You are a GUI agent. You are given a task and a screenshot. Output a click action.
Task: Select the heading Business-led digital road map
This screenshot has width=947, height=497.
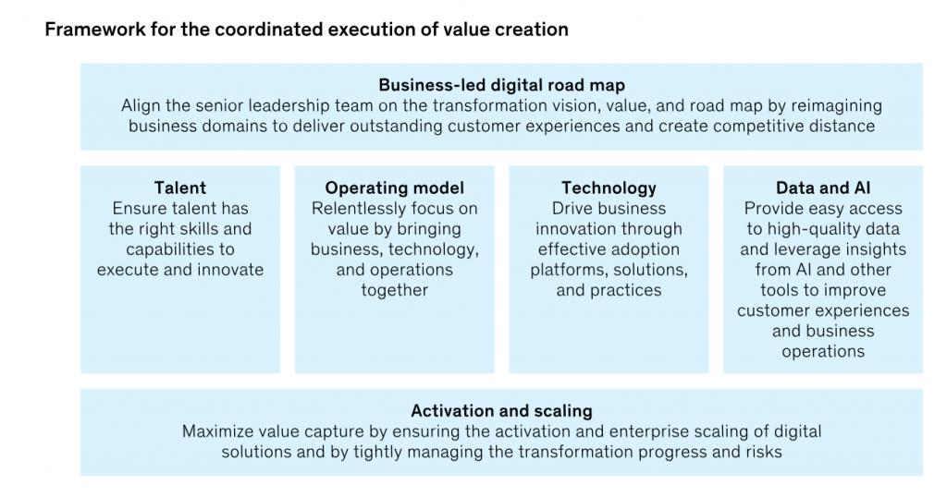501,85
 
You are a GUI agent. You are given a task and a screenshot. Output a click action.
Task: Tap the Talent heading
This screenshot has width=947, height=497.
180,188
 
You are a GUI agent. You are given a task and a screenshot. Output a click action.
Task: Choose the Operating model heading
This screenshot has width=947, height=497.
394,188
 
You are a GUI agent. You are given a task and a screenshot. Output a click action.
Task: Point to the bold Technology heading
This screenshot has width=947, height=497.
609,188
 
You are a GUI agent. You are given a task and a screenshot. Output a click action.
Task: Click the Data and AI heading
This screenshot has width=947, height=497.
823,188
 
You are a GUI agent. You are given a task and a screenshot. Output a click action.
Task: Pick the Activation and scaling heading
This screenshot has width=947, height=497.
501,411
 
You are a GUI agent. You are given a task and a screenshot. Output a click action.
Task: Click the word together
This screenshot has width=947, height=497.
394,291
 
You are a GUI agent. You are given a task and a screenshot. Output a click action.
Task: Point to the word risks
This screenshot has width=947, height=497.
762,452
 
